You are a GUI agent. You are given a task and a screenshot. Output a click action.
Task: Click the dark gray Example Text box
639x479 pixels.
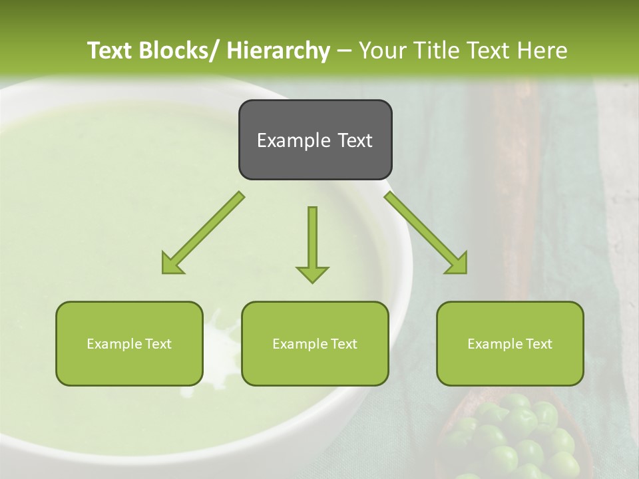click(315, 140)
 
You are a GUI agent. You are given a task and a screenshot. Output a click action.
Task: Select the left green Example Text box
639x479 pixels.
click(129, 343)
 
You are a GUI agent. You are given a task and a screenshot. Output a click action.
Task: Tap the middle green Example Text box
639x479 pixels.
click(315, 343)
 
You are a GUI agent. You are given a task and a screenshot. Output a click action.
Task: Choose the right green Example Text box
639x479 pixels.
click(510, 343)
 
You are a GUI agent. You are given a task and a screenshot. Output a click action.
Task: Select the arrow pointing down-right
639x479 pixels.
click(426, 233)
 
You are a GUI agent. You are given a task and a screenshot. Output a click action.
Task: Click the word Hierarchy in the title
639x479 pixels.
click(278, 51)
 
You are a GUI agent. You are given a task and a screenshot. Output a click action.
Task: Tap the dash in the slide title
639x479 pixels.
click(344, 51)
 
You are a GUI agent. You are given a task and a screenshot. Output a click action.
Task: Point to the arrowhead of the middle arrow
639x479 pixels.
click(312, 273)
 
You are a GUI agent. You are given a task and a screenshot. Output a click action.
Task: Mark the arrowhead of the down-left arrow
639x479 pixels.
click(170, 264)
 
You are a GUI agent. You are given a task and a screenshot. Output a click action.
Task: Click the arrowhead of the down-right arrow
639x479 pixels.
click(458, 264)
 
